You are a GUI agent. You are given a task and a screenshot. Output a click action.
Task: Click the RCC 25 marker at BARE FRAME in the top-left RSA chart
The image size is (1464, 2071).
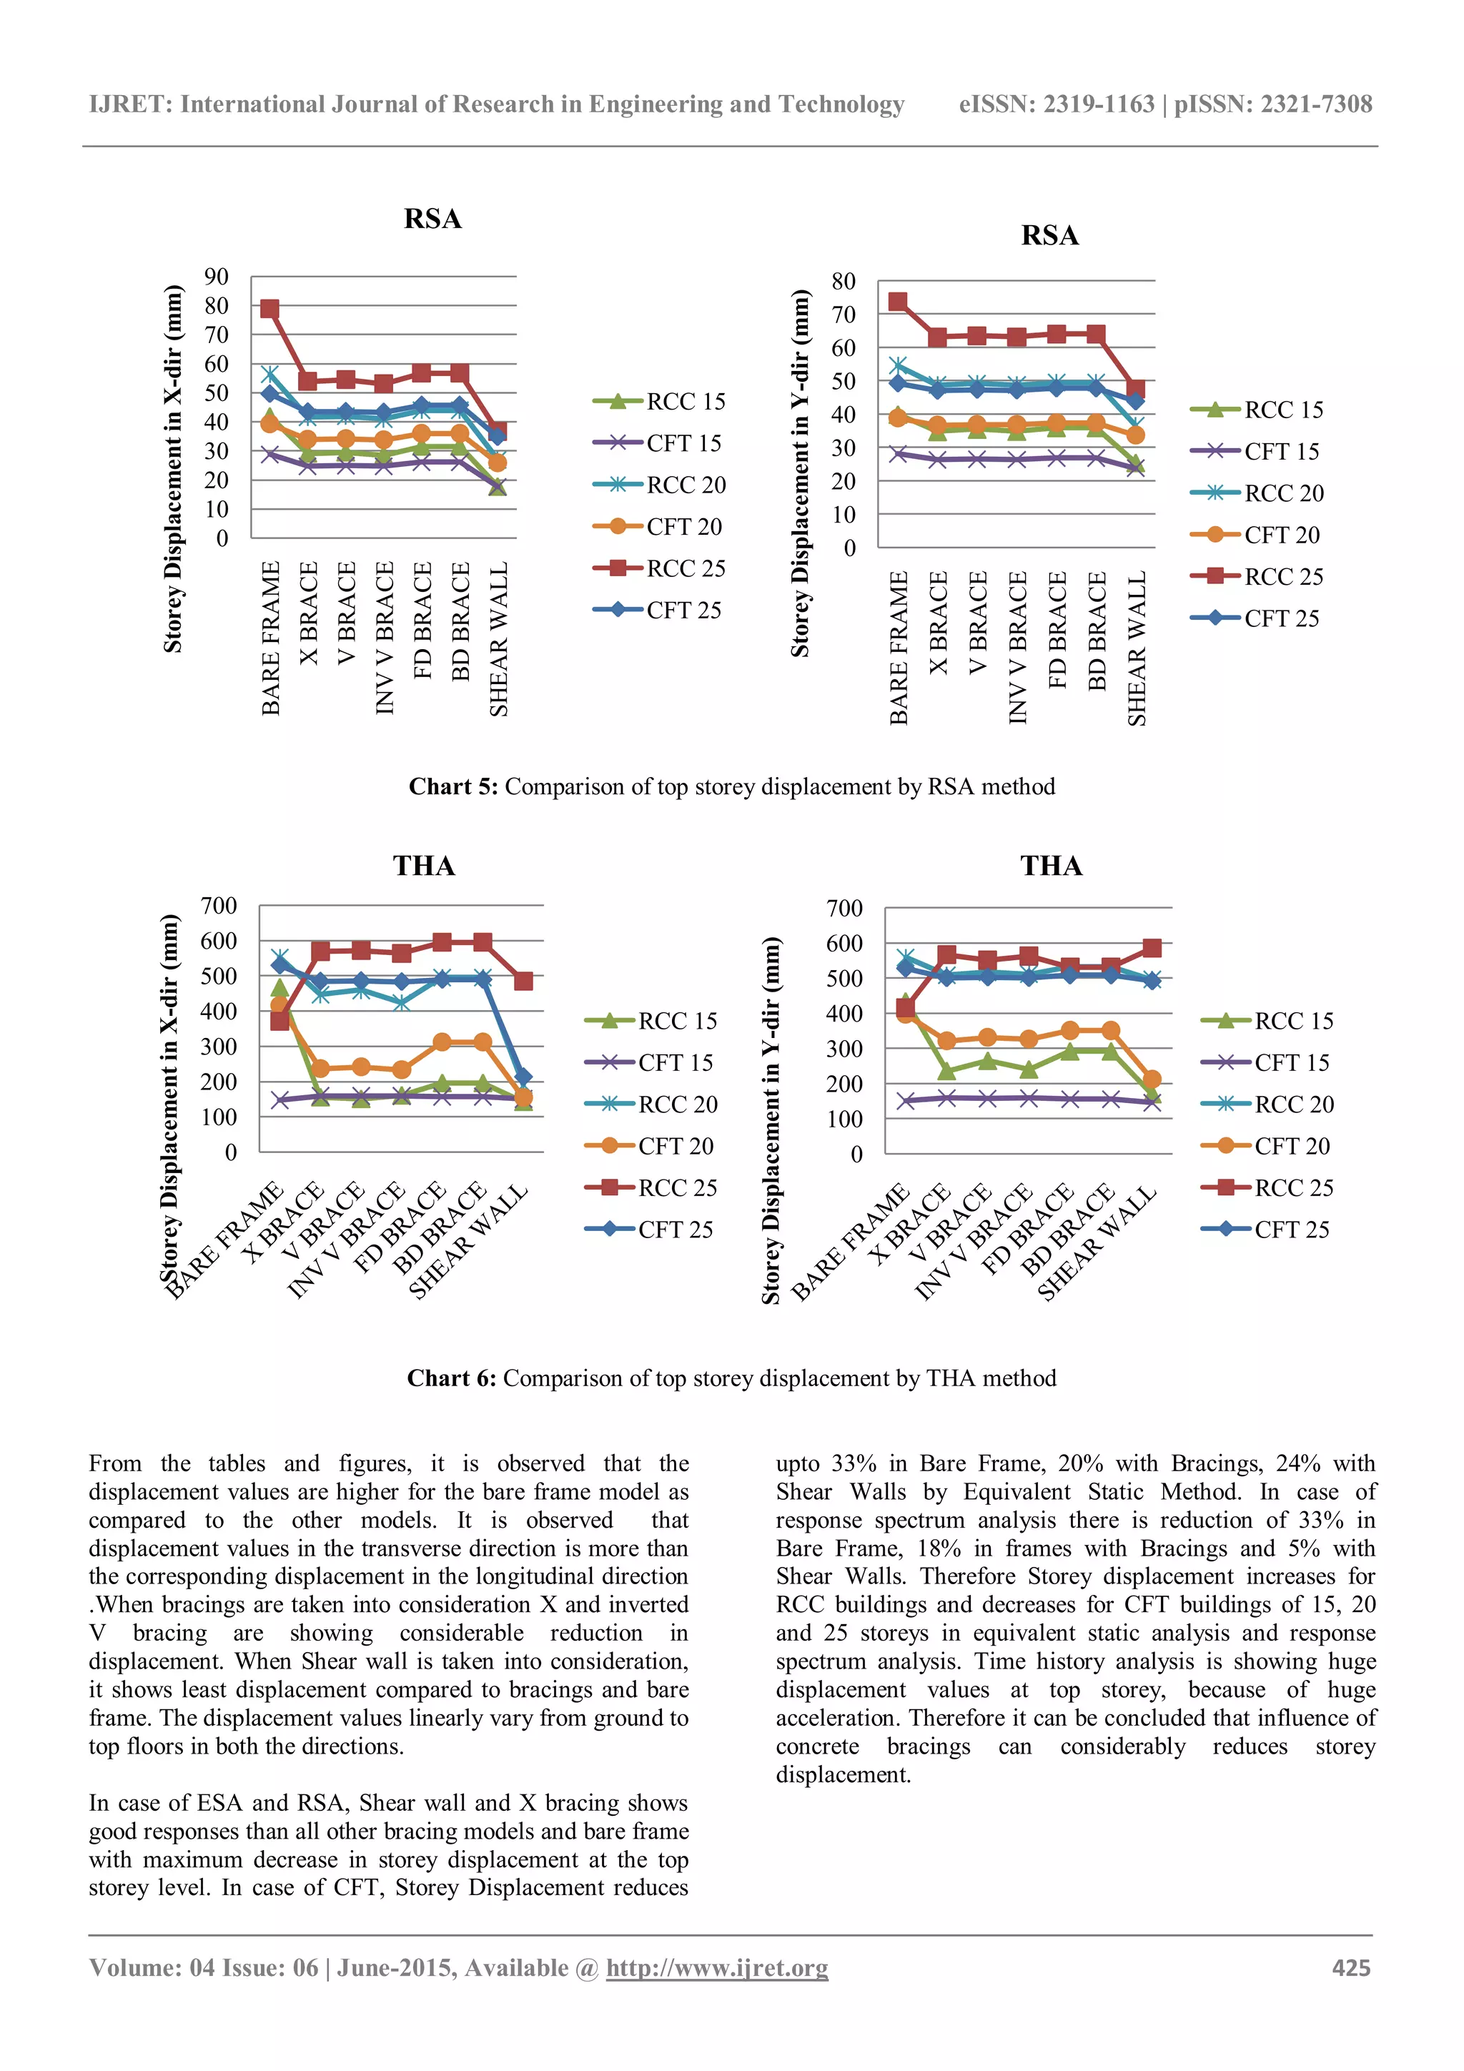coord(269,310)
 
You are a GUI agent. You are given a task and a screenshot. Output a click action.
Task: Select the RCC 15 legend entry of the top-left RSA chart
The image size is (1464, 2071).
coord(661,401)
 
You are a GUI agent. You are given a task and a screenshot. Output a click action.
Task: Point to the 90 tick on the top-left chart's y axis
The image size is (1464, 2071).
coord(217,277)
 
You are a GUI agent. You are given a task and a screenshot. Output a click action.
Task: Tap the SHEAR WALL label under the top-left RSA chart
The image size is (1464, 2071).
coord(499,638)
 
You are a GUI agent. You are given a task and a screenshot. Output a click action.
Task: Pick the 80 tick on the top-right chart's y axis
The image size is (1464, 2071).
coord(844,282)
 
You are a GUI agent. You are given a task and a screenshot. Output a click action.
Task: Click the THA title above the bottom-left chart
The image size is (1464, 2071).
coord(424,866)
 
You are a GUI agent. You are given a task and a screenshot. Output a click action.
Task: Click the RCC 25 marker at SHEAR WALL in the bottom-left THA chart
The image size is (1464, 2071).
coord(523,981)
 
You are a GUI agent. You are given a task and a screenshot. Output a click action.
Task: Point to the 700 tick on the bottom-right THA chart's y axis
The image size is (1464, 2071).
coord(844,909)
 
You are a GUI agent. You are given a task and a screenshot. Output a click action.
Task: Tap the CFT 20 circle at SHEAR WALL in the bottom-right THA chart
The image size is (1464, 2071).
coord(1151,1079)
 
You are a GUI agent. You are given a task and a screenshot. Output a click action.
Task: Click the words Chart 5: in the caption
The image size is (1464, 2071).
coord(452,786)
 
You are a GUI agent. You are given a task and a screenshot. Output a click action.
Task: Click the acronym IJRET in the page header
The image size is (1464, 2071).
coord(130,104)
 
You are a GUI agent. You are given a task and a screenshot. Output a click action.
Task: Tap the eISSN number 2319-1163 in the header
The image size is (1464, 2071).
coord(1098,104)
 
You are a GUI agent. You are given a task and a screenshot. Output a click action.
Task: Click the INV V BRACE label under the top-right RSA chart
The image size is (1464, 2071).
coord(1017,647)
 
